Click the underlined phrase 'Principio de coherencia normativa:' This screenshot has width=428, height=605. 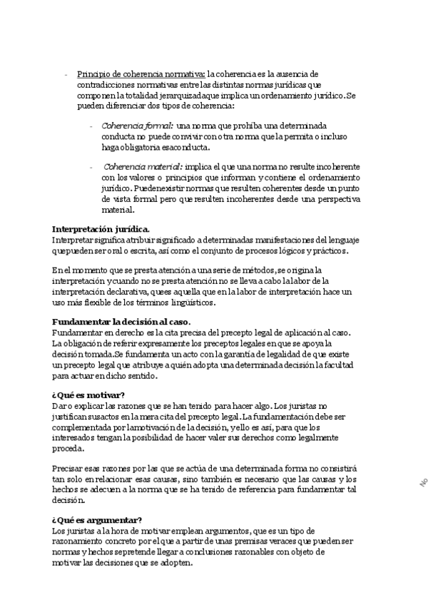pos(141,73)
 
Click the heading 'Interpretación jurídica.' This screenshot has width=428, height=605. pos(101,229)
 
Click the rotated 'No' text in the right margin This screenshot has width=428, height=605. pos(422,482)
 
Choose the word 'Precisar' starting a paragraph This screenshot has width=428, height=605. pos(68,469)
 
